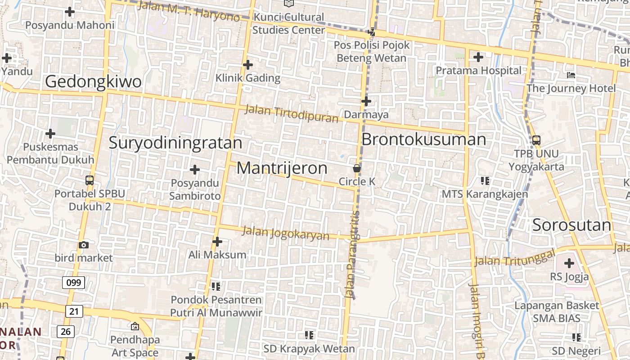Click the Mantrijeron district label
coord(282,168)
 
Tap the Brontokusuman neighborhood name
coord(423,139)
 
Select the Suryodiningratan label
coord(175,143)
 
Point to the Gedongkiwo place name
coord(94,82)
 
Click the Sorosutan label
coord(571,225)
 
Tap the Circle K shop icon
coord(357,169)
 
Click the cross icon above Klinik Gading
coord(247,65)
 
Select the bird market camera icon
coord(84,245)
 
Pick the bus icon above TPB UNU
coord(536,140)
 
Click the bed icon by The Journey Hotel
coord(571,75)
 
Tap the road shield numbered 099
coord(73,283)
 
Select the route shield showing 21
coord(74,311)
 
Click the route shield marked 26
coord(65,332)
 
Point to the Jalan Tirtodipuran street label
coord(291,114)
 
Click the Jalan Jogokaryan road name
coord(285,233)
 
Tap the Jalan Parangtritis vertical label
coord(353,254)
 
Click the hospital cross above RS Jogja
coord(569,263)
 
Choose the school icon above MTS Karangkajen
coord(485,181)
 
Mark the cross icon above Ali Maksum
coord(217,242)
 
